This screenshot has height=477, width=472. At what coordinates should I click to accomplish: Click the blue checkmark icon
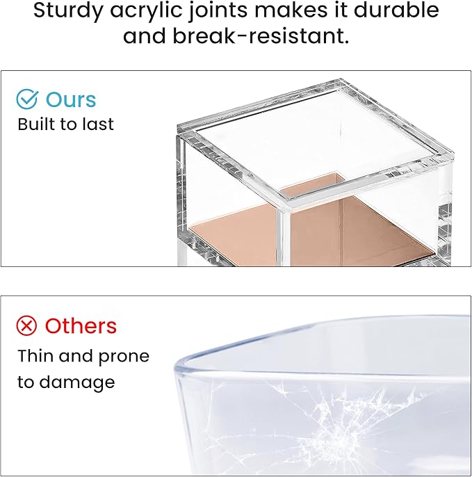27,99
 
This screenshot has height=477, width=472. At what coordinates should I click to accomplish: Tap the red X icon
27,325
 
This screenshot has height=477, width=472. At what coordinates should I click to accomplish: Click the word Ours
72,99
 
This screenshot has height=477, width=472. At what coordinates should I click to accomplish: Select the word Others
81,325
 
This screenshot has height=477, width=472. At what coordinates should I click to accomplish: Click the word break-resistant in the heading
236,36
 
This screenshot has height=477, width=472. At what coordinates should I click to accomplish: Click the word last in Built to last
99,124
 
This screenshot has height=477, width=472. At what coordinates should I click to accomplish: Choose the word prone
123,357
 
